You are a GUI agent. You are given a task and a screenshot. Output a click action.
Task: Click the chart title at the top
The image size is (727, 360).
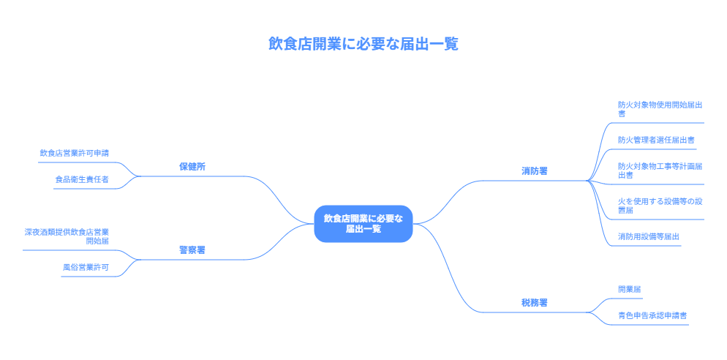click(363, 44)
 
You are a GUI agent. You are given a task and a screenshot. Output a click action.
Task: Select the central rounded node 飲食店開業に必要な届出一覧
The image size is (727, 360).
click(363, 223)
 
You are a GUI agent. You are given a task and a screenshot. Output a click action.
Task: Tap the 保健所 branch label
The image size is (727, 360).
click(192, 166)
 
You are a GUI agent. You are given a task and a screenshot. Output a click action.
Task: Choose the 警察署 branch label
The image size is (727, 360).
click(192, 250)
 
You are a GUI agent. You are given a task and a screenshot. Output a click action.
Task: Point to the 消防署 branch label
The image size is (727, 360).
click(535, 170)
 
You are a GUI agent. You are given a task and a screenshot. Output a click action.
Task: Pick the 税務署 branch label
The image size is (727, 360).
click(535, 302)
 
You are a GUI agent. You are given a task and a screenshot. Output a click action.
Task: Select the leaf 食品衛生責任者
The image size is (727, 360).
click(82, 179)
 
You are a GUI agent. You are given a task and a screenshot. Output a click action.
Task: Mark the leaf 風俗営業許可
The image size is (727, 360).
click(86, 267)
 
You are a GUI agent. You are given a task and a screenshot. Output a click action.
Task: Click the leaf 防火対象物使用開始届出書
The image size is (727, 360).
click(660, 109)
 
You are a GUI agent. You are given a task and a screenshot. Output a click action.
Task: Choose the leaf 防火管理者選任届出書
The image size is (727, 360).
click(656, 139)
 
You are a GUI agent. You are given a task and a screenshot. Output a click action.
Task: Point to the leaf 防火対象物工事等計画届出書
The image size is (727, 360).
click(660, 170)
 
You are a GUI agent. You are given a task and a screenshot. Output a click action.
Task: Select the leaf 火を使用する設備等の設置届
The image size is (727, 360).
click(660, 205)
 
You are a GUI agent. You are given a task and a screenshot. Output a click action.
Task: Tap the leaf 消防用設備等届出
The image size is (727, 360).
click(649, 236)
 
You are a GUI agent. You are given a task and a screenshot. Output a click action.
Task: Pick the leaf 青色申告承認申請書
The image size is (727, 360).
click(652, 315)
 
